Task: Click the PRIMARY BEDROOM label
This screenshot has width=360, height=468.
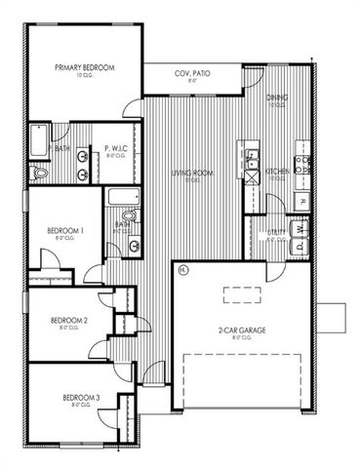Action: [x=84, y=67]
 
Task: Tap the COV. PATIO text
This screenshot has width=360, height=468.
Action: [x=191, y=75]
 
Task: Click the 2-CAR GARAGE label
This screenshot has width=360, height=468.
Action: [x=242, y=331]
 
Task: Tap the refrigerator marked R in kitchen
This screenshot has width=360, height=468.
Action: [x=301, y=200]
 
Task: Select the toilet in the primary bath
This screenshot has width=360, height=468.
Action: [x=37, y=172]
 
